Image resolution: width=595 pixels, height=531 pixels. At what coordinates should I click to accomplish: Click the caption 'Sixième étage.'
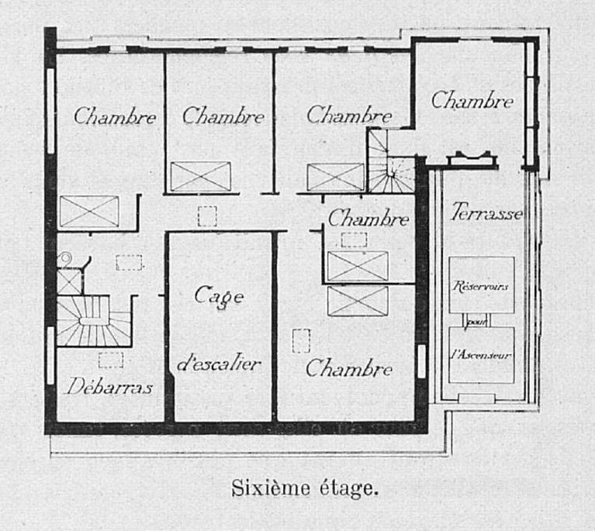pos(305,488)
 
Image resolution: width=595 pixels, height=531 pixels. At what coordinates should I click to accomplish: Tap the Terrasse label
pos(486,212)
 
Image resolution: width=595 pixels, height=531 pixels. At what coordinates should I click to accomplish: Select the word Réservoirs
pos(480,285)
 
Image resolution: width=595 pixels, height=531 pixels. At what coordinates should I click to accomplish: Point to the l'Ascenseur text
pos(481,355)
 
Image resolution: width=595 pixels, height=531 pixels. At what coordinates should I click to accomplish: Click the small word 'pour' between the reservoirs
pos(476,322)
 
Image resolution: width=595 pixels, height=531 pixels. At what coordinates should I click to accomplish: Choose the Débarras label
pos(109,386)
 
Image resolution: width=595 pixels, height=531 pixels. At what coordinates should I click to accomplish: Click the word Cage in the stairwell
pos(219,296)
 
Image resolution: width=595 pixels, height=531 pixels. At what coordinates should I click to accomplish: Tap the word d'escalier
pos(219,364)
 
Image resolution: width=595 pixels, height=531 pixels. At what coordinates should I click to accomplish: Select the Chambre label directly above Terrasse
pos(472,101)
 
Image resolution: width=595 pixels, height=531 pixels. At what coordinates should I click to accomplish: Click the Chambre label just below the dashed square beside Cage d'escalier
pos(349,368)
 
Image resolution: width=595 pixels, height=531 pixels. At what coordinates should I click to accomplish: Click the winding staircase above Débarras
pos(94,321)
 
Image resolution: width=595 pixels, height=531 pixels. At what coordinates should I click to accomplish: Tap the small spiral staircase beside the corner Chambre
pos(391,161)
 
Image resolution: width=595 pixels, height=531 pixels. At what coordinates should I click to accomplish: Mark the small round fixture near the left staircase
pos(64,259)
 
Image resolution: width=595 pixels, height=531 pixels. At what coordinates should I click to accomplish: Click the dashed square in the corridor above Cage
pos(207,216)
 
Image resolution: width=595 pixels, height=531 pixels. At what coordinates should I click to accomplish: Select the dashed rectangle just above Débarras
pos(111,360)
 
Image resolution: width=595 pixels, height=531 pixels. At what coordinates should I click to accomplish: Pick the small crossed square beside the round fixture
pos(70,281)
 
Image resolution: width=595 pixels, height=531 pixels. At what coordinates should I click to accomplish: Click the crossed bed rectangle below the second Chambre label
pos(200,177)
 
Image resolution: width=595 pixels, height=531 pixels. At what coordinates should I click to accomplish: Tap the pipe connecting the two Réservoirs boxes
pos(476,320)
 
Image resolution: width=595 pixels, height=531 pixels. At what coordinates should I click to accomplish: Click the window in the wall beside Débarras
pos(50,355)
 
